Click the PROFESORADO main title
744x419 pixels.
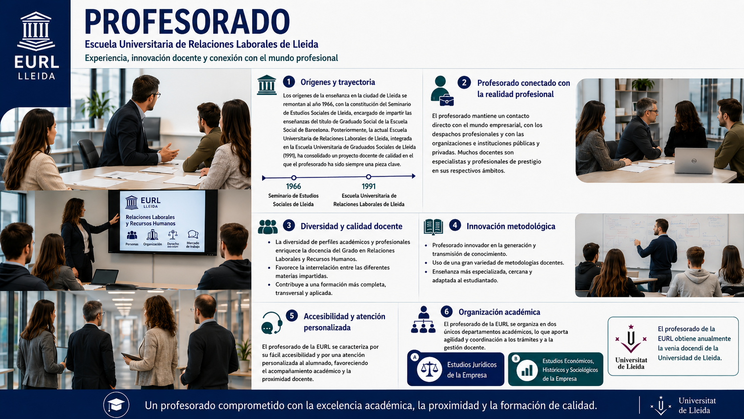click(187, 22)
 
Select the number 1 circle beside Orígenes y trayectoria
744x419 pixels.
click(289, 82)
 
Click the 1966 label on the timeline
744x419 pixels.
click(293, 187)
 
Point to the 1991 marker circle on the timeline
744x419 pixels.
click(368, 177)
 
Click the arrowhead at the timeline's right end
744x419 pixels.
click(413, 176)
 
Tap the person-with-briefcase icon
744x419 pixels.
click(442, 91)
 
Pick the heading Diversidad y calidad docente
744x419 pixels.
click(352, 226)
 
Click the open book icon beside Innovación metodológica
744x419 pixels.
click(433, 227)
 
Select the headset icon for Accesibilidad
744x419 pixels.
click(272, 323)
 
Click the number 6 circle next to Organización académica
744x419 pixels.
click(446, 311)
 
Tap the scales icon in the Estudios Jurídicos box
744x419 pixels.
click(429, 369)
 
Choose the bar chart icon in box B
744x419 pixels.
click(527, 370)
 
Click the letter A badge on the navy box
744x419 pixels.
click(414, 357)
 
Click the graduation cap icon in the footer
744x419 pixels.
click(116, 405)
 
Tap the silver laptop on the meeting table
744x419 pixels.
click(694, 161)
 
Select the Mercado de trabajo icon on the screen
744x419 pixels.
click(193, 235)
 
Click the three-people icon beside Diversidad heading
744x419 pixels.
click(268, 227)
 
